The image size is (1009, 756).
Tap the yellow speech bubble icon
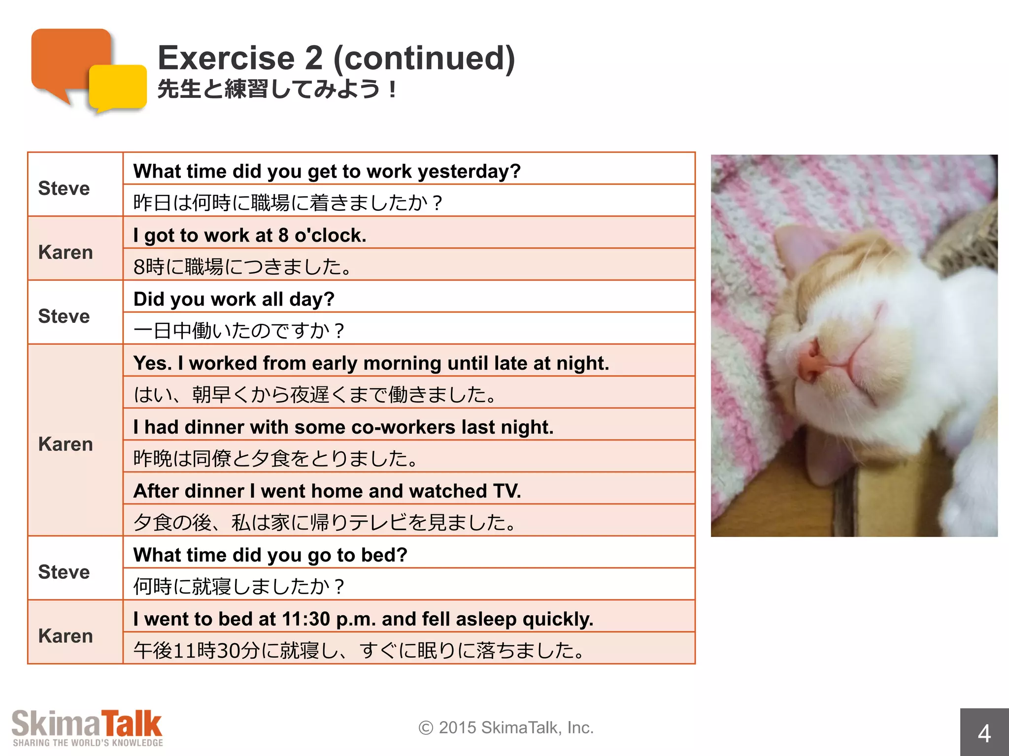pos(118,88)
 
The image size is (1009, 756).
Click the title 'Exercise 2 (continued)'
pos(336,58)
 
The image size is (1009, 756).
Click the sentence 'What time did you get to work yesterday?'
pos(327,171)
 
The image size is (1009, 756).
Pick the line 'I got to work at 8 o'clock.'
pos(250,235)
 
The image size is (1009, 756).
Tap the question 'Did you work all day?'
pos(234,299)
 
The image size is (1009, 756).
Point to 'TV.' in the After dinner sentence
pos(507,491)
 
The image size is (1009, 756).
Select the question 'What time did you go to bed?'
pos(270,555)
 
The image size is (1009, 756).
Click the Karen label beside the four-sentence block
pos(66,444)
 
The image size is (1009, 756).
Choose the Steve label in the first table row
pos(64,189)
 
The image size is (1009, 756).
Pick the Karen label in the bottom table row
pos(66,636)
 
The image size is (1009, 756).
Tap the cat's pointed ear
pos(798,251)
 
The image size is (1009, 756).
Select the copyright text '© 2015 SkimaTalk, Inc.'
pos(506,727)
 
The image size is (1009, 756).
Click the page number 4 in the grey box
pos(984,733)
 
